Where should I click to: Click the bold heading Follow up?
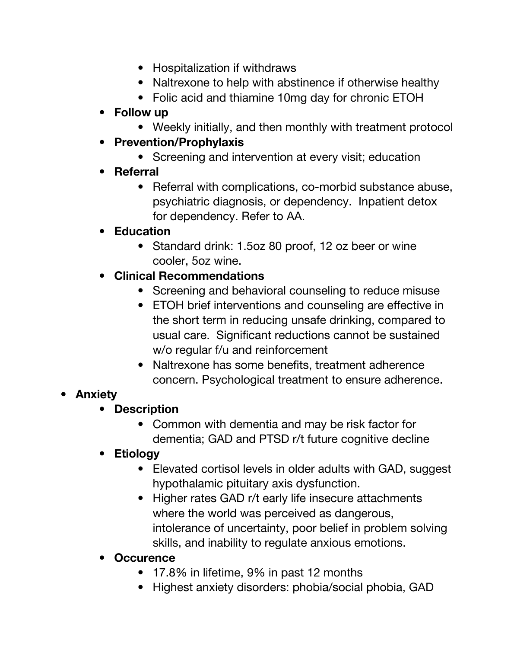141,112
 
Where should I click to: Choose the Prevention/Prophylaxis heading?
179,142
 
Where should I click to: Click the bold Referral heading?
136,172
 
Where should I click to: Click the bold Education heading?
142,231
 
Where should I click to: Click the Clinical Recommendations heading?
189,276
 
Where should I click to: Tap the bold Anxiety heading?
96,394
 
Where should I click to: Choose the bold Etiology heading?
136,454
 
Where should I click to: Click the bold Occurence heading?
144,558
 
